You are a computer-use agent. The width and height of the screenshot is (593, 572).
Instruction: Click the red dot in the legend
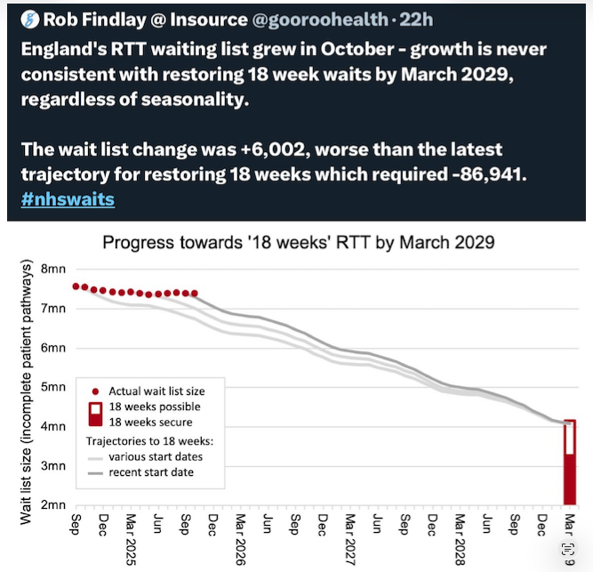click(x=95, y=391)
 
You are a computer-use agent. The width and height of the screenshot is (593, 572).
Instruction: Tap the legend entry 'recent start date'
click(x=151, y=471)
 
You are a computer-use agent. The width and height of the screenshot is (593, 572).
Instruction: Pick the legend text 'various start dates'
click(x=155, y=456)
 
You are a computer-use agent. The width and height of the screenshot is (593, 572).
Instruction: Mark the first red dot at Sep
click(x=76, y=286)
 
